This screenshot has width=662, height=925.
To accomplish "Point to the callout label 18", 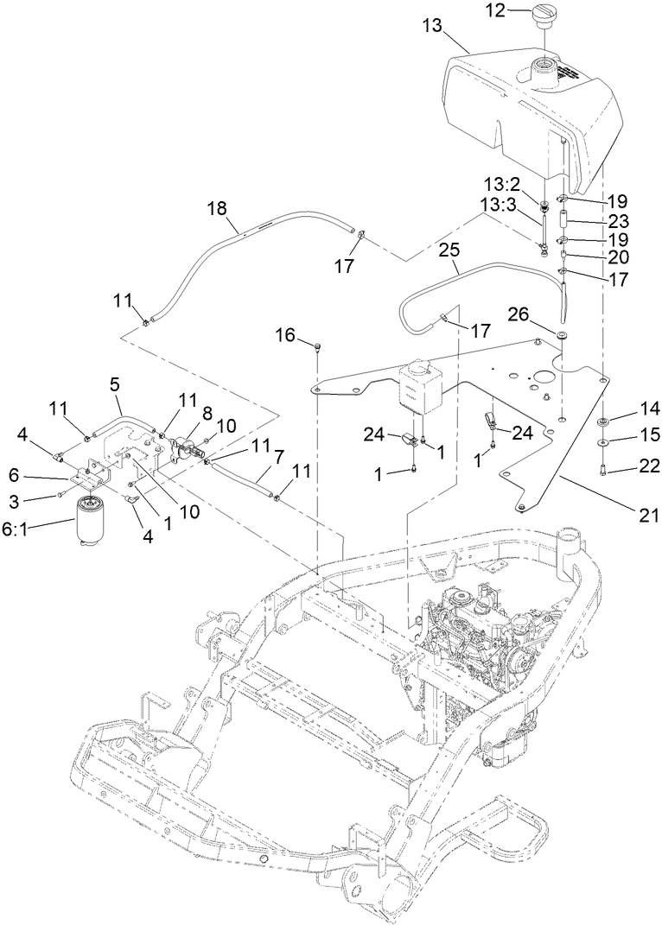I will point(217,208).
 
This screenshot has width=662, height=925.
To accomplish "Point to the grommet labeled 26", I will point(562,334).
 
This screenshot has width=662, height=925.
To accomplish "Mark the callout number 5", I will point(115,382).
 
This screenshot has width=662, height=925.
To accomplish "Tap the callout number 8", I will point(207,414).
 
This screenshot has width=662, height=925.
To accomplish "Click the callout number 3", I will point(37,500).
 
